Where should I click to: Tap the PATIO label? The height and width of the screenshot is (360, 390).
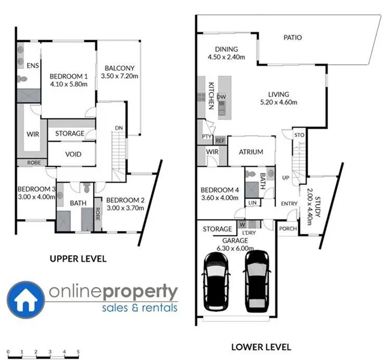coord(293,38)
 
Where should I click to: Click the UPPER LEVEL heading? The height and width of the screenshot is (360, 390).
coord(78,259)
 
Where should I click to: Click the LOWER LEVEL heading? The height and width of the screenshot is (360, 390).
coord(261,347)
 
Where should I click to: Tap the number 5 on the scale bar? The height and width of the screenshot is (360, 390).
coord(78,351)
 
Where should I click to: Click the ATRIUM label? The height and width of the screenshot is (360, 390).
coord(251,152)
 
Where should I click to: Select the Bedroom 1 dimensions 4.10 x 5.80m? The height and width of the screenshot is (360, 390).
coord(68,85)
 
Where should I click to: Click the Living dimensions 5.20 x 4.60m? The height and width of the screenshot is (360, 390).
coord(278,103)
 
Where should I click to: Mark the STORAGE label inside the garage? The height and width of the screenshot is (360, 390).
coord(217,229)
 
